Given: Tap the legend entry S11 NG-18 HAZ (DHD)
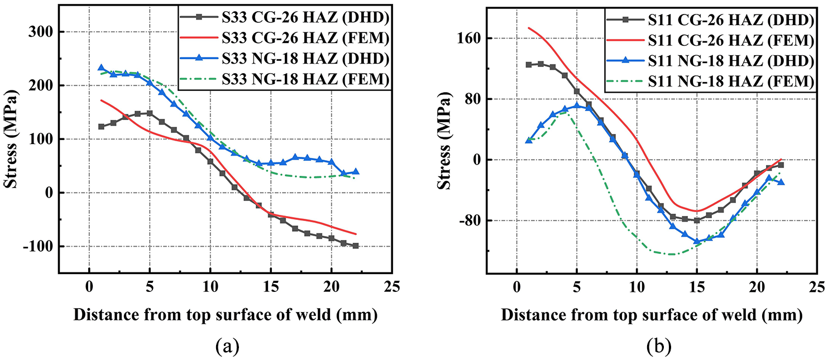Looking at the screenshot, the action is pyautogui.click(x=710, y=61).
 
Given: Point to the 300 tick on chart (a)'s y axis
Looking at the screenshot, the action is pyautogui.click(x=41, y=32).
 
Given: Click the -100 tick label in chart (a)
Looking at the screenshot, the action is pyautogui.click(x=39, y=246).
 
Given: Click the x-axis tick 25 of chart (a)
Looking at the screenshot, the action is pyautogui.click(x=392, y=286).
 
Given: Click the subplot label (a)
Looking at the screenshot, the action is pyautogui.click(x=227, y=347).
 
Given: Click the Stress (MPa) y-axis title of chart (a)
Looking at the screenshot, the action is pyautogui.click(x=11, y=138).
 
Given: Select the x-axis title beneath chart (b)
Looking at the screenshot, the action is pyautogui.click(x=652, y=315).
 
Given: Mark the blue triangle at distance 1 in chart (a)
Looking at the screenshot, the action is pyautogui.click(x=101, y=68).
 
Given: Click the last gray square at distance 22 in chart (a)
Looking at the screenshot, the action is pyautogui.click(x=356, y=246).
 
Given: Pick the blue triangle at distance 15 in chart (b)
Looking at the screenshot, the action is pyautogui.click(x=697, y=241).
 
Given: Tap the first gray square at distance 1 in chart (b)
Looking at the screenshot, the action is pyautogui.click(x=529, y=65).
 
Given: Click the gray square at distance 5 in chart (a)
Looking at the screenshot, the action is pyautogui.click(x=150, y=113).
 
